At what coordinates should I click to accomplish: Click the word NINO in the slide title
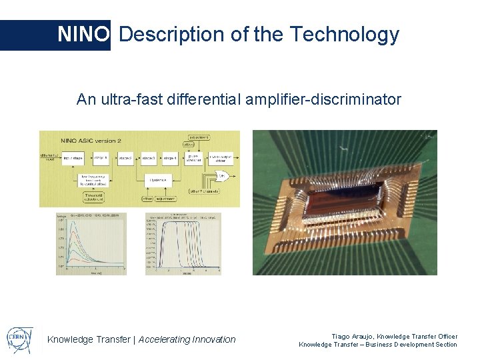[83, 34]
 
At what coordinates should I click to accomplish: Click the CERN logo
[19, 338]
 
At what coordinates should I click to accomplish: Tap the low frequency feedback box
[91, 180]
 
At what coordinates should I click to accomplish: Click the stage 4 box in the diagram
[171, 159]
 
